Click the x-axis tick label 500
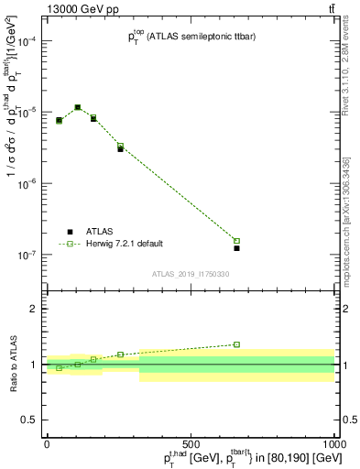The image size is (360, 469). [191, 442]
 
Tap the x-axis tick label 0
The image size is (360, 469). [47, 442]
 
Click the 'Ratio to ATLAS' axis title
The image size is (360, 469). [12, 365]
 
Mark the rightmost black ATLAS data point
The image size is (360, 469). [236, 248]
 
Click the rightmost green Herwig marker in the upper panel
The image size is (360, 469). [236, 241]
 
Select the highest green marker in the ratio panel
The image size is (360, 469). [236, 344]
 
